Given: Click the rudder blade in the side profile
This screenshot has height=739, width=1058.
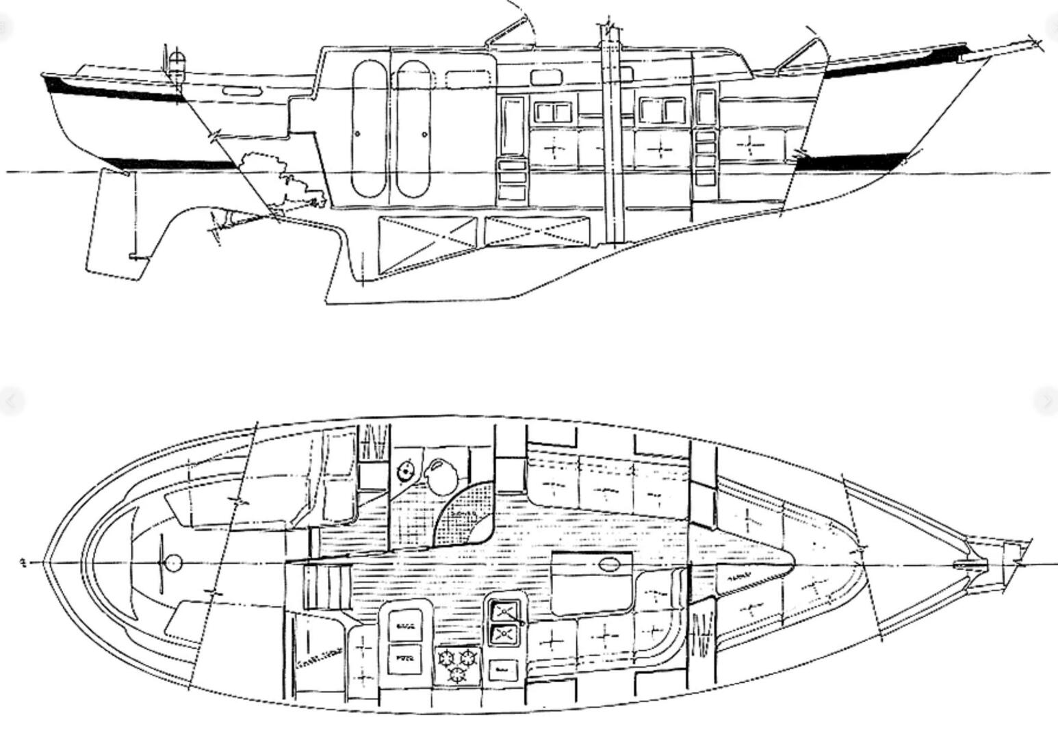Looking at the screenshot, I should click(x=113, y=222).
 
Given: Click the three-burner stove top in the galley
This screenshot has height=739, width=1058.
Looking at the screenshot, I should click(x=457, y=666).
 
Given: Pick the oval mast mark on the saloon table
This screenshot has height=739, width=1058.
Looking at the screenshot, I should click(x=608, y=565).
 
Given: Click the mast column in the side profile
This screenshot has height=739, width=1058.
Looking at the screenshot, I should click(x=612, y=137).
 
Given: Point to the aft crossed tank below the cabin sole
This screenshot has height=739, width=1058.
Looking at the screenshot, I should click(x=427, y=244).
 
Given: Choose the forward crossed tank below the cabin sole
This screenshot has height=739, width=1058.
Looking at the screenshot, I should click(x=537, y=231).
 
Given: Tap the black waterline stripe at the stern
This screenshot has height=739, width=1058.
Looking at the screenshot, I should click(x=171, y=164).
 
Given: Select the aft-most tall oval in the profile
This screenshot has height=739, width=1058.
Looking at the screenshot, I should click(x=368, y=128).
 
